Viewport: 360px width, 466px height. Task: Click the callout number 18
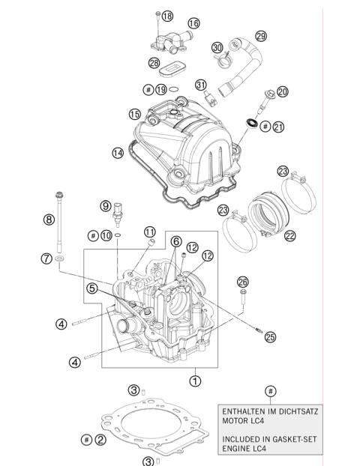(166, 16)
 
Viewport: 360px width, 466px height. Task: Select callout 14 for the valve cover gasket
(118, 153)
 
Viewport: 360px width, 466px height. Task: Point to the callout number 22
(290, 235)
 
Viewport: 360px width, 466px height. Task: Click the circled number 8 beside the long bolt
(49, 220)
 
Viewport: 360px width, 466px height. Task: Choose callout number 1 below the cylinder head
(196, 381)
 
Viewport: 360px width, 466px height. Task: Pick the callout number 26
(242, 282)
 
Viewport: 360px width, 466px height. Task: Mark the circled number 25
(270, 337)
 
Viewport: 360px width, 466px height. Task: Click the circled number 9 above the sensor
(106, 205)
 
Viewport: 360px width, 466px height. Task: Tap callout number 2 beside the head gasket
(100, 439)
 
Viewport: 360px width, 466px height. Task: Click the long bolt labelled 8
(59, 225)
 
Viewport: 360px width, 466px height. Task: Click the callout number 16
(193, 25)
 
